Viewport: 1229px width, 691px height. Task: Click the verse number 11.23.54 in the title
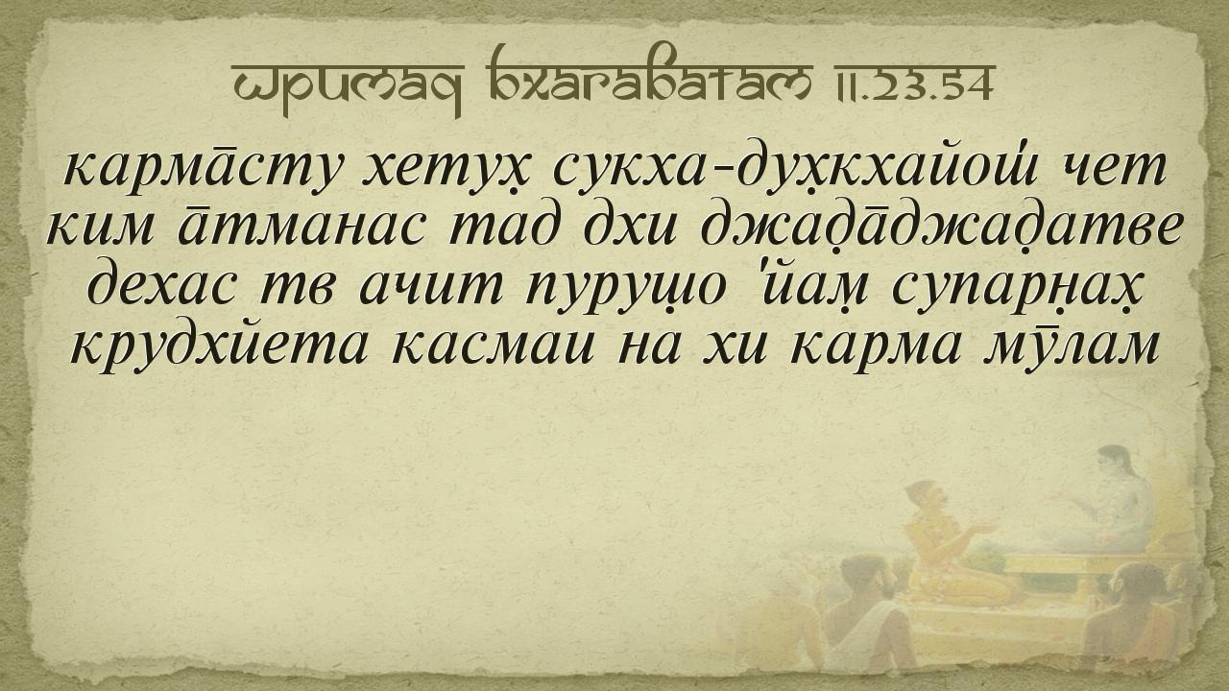[x=911, y=83]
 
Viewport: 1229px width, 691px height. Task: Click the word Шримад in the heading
[x=348, y=86]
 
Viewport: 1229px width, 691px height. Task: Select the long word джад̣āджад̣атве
[x=941, y=227]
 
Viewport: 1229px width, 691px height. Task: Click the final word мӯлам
[x=1071, y=345]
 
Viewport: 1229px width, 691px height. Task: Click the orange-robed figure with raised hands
[x=950, y=543]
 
